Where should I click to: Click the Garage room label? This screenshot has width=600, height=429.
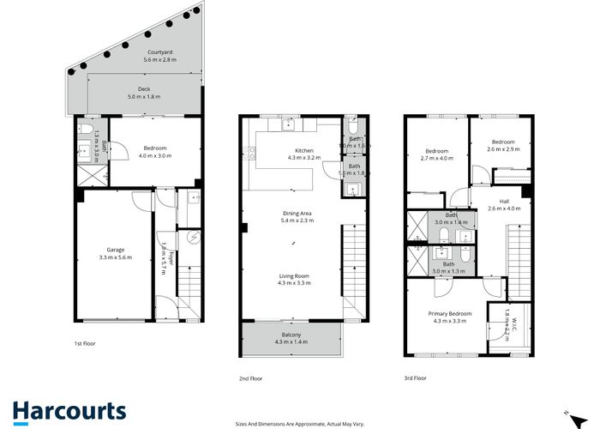[116, 251]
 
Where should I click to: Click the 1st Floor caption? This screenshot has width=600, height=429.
[84, 343]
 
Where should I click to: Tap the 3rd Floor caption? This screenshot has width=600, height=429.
[415, 378]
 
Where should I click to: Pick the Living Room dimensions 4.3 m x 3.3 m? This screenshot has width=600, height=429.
[293, 282]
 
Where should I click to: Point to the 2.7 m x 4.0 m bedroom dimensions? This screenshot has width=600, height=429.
[437, 158]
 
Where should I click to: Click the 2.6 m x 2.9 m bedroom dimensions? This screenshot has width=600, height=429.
[502, 149]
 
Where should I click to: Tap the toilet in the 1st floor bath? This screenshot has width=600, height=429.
[87, 133]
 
